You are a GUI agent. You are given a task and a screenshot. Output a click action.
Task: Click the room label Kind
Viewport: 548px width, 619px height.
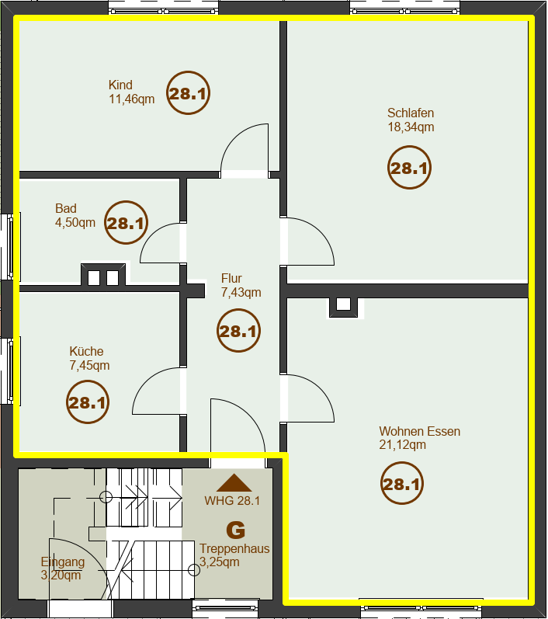(x=120, y=85)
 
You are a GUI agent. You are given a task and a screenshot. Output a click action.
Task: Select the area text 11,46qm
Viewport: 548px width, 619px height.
(x=132, y=99)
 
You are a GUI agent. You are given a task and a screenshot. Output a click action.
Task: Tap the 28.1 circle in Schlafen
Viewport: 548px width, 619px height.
(x=409, y=168)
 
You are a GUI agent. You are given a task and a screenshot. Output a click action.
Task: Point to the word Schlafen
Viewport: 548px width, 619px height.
(x=411, y=113)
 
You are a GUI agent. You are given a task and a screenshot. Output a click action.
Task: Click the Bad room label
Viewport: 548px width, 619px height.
(x=66, y=208)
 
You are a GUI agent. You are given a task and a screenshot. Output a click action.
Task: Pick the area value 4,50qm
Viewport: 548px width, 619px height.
(x=75, y=222)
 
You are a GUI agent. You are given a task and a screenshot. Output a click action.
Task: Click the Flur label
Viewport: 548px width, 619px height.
(x=231, y=278)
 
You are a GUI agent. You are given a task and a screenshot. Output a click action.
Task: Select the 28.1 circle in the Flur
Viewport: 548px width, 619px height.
(x=239, y=331)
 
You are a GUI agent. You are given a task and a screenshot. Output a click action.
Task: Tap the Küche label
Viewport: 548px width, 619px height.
(x=86, y=351)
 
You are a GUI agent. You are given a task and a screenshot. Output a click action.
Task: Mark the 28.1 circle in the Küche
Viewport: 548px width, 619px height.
(x=88, y=402)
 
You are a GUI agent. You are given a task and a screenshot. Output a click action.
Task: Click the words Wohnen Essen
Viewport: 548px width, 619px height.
(x=420, y=431)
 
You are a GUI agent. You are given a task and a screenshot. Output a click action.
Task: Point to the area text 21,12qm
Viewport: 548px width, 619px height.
(x=402, y=445)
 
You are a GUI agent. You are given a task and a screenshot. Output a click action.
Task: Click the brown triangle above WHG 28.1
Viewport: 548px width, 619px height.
(x=234, y=483)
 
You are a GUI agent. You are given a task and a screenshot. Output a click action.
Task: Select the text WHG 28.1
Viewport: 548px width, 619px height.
(x=232, y=501)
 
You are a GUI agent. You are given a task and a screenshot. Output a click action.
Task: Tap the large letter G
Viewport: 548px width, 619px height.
(x=235, y=530)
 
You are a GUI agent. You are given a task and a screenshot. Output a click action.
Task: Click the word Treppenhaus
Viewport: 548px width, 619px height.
(x=234, y=549)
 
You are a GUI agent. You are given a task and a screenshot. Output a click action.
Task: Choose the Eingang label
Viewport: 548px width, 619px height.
(x=63, y=562)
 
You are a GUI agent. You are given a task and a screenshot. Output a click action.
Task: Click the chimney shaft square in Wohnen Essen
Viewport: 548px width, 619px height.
(x=343, y=304)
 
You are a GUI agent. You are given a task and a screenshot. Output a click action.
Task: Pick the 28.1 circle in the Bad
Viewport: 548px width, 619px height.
(x=126, y=223)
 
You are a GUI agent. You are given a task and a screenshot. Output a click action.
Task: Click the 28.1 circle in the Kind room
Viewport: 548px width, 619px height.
(x=188, y=93)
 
